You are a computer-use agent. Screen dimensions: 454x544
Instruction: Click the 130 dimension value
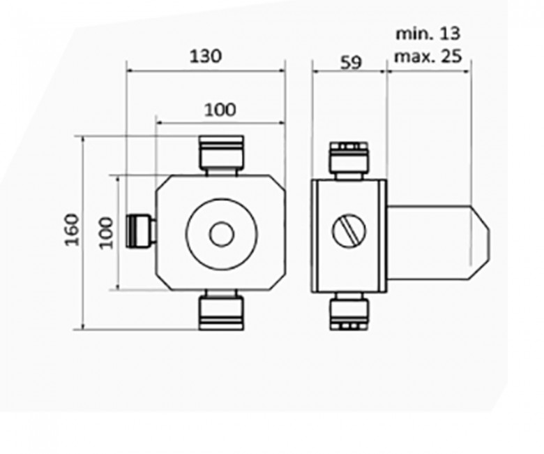pos(206,56)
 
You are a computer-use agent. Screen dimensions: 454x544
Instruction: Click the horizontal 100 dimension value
pos(220,110)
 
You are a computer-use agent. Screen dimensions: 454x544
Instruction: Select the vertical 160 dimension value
pos(73,228)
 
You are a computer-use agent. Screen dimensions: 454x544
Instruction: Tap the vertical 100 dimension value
pos(105,232)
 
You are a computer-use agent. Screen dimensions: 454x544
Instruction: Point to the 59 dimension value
pos(351,62)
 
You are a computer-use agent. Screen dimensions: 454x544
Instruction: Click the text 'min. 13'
pos(428,34)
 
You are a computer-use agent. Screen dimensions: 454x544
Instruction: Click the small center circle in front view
pos(222,233)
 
